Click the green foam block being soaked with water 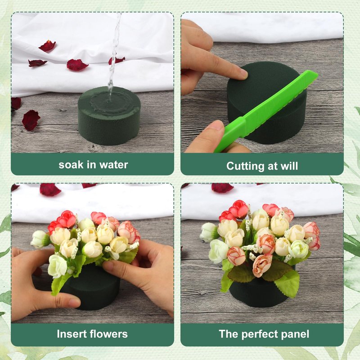point(109,116)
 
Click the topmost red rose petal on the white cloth point(47,46)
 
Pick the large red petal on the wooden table point(31,120)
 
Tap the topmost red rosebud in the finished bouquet point(239,209)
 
